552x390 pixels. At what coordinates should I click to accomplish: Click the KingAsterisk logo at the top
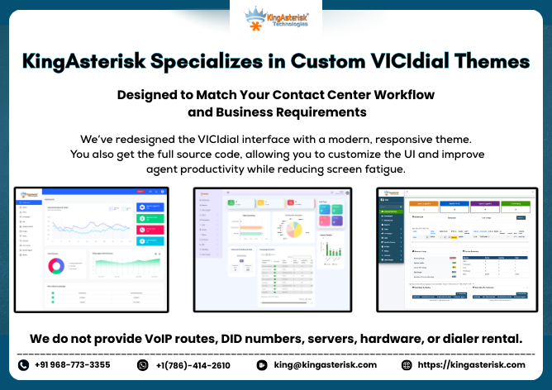coord(277,18)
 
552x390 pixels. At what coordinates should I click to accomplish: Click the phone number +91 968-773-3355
coord(73,364)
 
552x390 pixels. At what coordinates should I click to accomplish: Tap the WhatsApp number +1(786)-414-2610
coord(193,364)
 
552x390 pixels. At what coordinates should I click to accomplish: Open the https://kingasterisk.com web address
coord(471,364)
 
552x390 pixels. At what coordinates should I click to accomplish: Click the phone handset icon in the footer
coord(23,364)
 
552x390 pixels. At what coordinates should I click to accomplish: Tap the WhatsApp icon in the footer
coord(143,364)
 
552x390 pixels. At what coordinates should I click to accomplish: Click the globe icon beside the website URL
coord(407,364)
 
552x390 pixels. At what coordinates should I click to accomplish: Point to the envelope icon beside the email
coord(262,364)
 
